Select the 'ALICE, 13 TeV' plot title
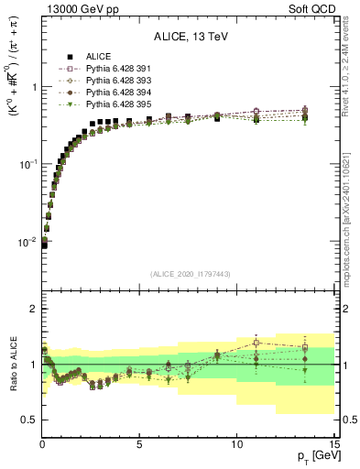point(188,38)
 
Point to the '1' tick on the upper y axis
point(34,88)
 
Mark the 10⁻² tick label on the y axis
point(28,242)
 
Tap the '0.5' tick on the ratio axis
point(29,420)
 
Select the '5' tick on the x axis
point(139,444)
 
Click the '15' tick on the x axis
point(333,444)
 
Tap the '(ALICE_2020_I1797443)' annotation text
point(188,273)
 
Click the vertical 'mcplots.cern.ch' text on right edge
point(353,220)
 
